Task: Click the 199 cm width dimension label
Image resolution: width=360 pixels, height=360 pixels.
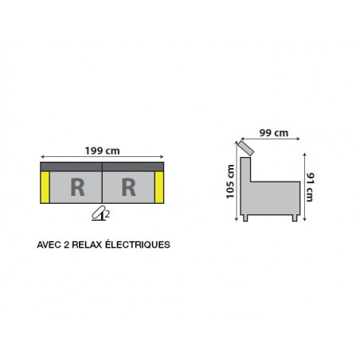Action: pyautogui.click(x=103, y=151)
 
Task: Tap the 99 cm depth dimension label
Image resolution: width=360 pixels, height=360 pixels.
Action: pyautogui.click(x=274, y=133)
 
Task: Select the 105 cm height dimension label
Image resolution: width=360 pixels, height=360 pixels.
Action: pyautogui.click(x=230, y=182)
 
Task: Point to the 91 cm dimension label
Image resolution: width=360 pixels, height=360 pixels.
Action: pyautogui.click(x=310, y=187)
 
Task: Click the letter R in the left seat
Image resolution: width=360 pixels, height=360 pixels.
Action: pyautogui.click(x=77, y=187)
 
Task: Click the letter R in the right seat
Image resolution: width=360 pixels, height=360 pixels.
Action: pyautogui.click(x=129, y=187)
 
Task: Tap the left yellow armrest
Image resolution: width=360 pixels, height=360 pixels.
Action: pyautogui.click(x=45, y=187)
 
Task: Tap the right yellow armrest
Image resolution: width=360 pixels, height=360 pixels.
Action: pyautogui.click(x=159, y=187)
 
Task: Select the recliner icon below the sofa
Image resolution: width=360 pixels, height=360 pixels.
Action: pyautogui.click(x=99, y=213)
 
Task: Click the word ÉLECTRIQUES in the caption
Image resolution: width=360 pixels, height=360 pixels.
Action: pyautogui.click(x=138, y=244)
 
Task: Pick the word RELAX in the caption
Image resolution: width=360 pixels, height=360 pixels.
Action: pyautogui.click(x=87, y=245)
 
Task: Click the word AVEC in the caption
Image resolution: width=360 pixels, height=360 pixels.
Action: pyautogui.click(x=49, y=245)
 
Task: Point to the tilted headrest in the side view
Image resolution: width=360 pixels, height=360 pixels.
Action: pyautogui.click(x=246, y=148)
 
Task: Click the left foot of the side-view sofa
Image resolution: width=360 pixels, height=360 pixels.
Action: pyautogui.click(x=245, y=218)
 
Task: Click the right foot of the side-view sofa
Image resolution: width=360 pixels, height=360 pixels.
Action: pyautogui.click(x=295, y=218)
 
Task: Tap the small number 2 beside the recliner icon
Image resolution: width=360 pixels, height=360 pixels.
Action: pyautogui.click(x=108, y=214)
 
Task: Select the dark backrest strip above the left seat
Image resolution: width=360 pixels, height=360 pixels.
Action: pyautogui.click(x=71, y=166)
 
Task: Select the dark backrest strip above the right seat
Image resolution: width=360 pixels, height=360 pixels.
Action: pyautogui.click(x=133, y=166)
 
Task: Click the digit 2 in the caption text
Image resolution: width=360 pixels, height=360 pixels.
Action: pyautogui.click(x=67, y=245)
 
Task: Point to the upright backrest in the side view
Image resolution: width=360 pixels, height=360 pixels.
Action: pyautogui.click(x=245, y=170)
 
